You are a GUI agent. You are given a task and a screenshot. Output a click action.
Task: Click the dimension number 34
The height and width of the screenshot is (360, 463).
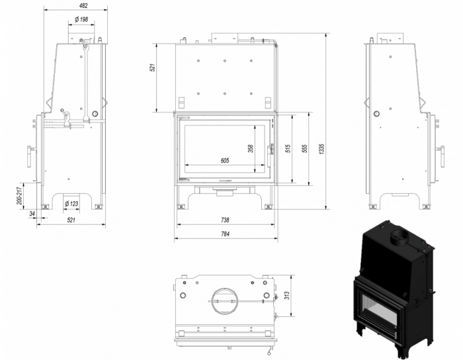(32, 213)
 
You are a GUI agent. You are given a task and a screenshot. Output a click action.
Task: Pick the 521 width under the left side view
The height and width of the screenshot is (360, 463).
(71, 220)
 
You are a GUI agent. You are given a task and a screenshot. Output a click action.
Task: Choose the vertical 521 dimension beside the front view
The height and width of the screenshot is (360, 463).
(151, 67)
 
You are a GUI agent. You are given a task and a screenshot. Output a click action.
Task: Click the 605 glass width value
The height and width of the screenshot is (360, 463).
(224, 161)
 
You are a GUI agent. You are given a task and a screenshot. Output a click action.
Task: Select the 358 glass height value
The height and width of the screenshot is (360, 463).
(251, 148)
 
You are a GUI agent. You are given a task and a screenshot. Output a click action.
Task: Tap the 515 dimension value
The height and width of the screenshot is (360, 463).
(288, 148)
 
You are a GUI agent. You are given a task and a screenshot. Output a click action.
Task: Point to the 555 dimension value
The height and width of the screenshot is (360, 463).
(304, 148)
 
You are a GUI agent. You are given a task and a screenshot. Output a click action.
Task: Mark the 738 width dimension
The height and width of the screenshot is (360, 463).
(224, 220)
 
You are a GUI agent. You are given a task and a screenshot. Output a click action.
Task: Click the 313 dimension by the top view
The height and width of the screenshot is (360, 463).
(287, 296)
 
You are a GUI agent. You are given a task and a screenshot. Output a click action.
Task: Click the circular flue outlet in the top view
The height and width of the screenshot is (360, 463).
(224, 301)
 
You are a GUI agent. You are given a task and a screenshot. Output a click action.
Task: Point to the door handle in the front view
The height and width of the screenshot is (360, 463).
(270, 150)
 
